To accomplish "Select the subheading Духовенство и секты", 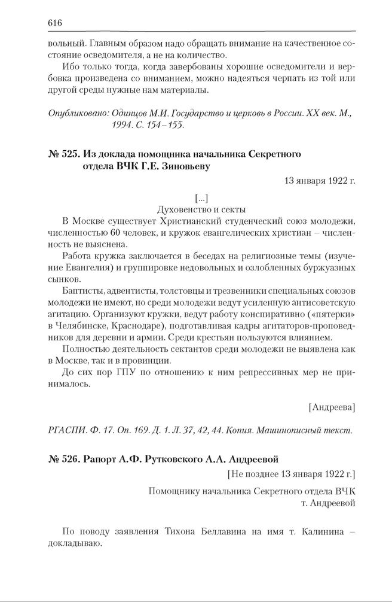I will [x=201, y=209].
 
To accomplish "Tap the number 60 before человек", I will [x=115, y=233].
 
